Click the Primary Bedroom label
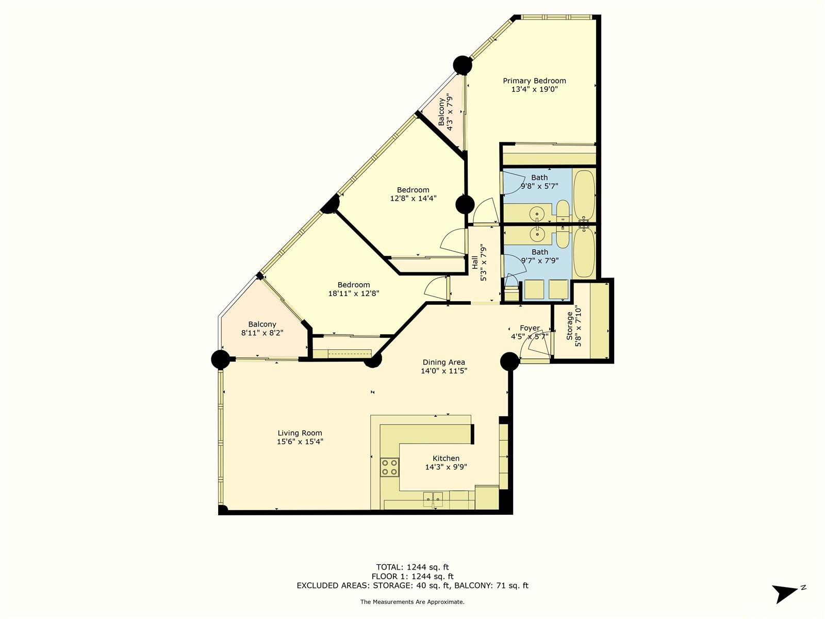pyautogui.click(x=534, y=81)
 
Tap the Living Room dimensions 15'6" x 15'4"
pyautogui.click(x=300, y=442)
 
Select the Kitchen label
pyautogui.click(x=446, y=459)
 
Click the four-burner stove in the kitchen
pyautogui.click(x=389, y=467)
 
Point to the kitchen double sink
pyautogui.click(x=433, y=499)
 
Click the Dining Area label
pyautogui.click(x=444, y=362)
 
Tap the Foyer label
pyautogui.click(x=530, y=328)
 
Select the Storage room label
pyautogui.click(x=570, y=325)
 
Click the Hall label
pyautogui.click(x=475, y=263)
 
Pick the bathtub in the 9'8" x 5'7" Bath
pyautogui.click(x=584, y=194)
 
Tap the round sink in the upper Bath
pyautogui.click(x=537, y=214)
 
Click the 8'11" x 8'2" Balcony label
pyautogui.click(x=262, y=324)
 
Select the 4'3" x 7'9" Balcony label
pyautogui.click(x=441, y=111)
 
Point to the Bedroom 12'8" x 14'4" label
pyautogui.click(x=413, y=190)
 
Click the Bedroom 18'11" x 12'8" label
pyautogui.click(x=353, y=285)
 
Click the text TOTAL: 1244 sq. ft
pyautogui.click(x=412, y=567)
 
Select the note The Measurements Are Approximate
pyautogui.click(x=412, y=601)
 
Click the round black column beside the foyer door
pyautogui.click(x=509, y=362)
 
